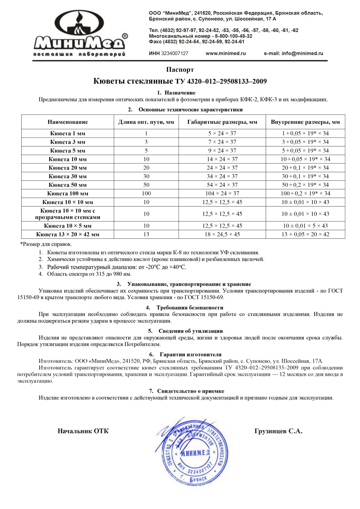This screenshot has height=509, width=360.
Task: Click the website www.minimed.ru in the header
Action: click(226, 53)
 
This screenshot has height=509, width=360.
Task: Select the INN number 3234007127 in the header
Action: click(175, 53)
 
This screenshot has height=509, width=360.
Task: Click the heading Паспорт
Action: click(180, 69)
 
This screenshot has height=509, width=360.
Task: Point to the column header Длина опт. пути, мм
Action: click(146, 122)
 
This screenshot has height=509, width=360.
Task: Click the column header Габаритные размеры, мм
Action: click(222, 122)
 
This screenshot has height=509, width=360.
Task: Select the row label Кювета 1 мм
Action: click(68, 133)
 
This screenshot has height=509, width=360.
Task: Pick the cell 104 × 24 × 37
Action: click(222, 193)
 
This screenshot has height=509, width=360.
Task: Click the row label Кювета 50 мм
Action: click(68, 185)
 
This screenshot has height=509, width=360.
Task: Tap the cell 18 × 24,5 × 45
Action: click(222, 234)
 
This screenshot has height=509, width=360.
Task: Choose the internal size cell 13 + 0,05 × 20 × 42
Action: click(305, 234)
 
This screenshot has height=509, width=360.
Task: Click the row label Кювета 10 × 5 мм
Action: click(68, 226)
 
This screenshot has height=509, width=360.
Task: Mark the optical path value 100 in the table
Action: click(146, 193)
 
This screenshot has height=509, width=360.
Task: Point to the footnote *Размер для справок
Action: click(46, 244)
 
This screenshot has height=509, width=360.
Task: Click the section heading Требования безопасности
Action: click(190, 308)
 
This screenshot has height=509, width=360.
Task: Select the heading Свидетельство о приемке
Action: click(190, 391)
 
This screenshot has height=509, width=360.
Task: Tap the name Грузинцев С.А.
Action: click(278, 431)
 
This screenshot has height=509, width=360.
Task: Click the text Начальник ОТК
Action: click(83, 431)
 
